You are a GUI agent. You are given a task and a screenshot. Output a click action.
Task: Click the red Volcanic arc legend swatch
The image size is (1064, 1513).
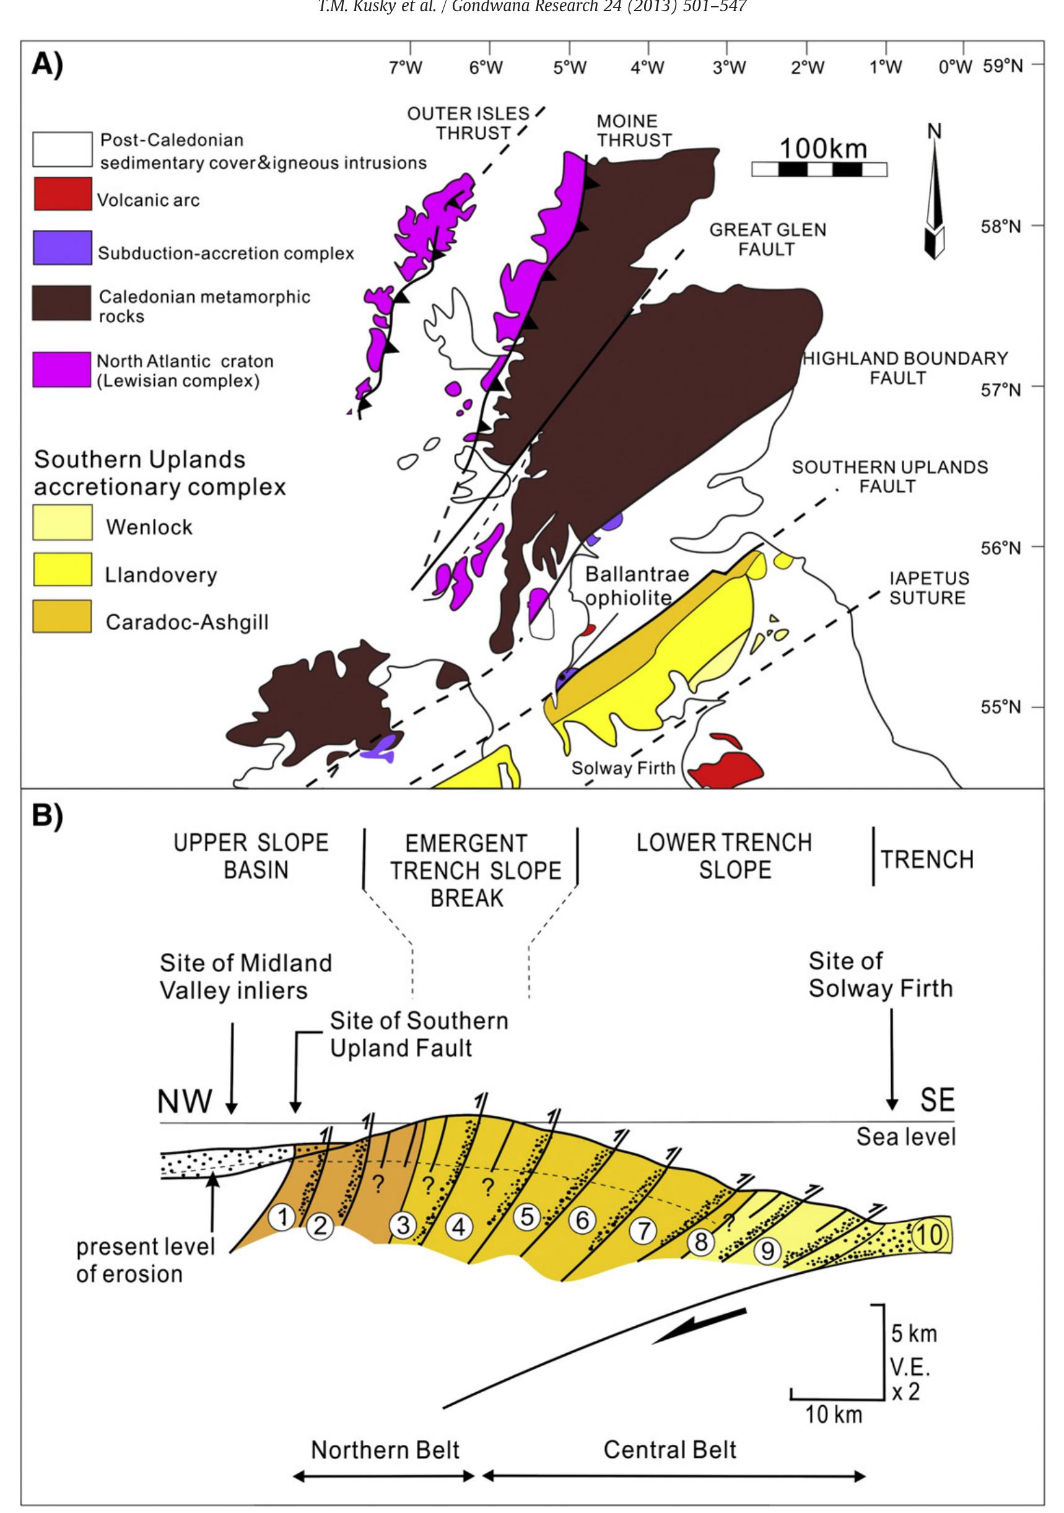coord(63,194)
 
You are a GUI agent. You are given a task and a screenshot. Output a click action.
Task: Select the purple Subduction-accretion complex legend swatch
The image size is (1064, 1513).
coord(63,247)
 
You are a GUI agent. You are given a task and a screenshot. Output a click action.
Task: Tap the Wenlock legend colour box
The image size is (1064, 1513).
coord(63,522)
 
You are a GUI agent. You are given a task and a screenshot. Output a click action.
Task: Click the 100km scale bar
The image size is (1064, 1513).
coord(819,169)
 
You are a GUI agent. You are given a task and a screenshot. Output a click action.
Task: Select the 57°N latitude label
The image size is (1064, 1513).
coord(1000,390)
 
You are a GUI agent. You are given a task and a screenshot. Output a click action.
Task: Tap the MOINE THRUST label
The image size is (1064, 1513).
coord(634,131)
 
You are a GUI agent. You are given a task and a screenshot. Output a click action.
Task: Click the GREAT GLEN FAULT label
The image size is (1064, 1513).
coord(767,239)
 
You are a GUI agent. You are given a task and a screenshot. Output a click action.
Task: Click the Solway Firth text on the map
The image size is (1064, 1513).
coord(622,768)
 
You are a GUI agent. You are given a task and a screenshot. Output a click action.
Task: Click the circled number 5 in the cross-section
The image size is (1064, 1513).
coord(527,1216)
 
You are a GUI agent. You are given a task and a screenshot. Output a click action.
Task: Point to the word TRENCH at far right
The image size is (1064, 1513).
coord(927,859)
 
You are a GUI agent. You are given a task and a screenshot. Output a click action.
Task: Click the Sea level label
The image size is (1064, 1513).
coord(905,1136)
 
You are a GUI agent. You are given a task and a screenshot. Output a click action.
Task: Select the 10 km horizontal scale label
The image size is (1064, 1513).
coord(834,1414)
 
